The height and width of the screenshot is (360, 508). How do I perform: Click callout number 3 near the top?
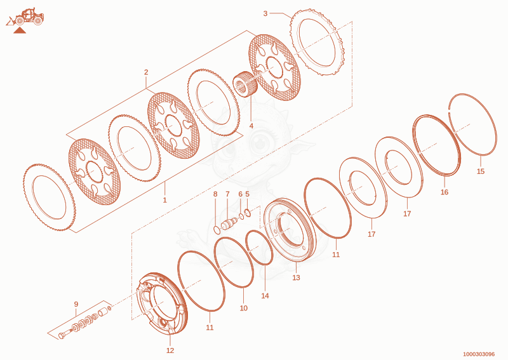(265, 13)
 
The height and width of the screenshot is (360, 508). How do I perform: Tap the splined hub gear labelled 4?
(246, 84)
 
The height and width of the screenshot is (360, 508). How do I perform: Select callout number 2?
(146, 72)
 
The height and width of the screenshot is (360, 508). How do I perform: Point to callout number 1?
(164, 200)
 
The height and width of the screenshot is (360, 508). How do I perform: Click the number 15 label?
(481, 171)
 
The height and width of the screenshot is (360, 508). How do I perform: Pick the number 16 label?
(444, 192)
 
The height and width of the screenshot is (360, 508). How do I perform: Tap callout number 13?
(296, 277)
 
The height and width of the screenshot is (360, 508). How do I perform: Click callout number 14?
(265, 295)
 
